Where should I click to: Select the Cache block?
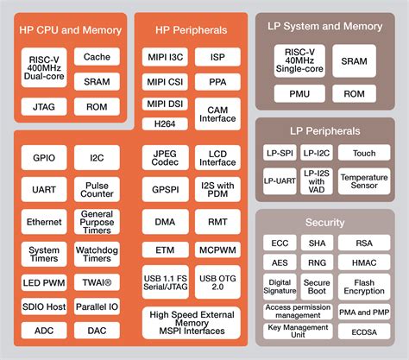tap(96, 58)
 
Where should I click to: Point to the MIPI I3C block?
tap(164, 58)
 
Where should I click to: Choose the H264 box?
tap(164, 123)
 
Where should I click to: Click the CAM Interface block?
tap(217, 113)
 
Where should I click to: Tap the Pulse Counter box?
tap(96, 188)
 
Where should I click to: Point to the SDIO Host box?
tap(42, 307)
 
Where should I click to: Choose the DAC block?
tap(96, 330)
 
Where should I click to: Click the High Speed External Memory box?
tap(191, 322)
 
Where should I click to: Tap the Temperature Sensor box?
tap(363, 180)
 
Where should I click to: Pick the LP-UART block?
tap(278, 180)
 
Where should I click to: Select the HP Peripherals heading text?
tap(191, 29)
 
